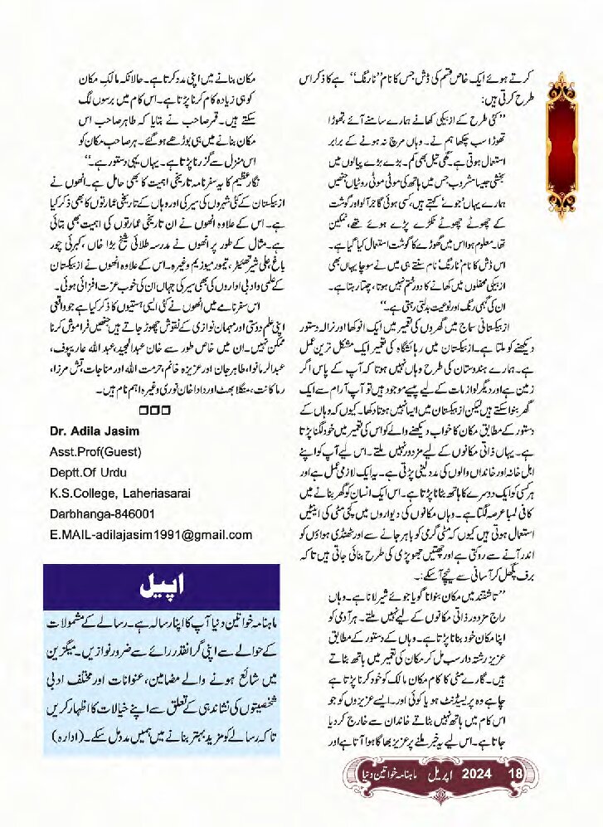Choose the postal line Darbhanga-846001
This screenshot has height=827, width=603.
coord(104,515)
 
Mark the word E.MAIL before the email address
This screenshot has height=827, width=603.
coord(70,537)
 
